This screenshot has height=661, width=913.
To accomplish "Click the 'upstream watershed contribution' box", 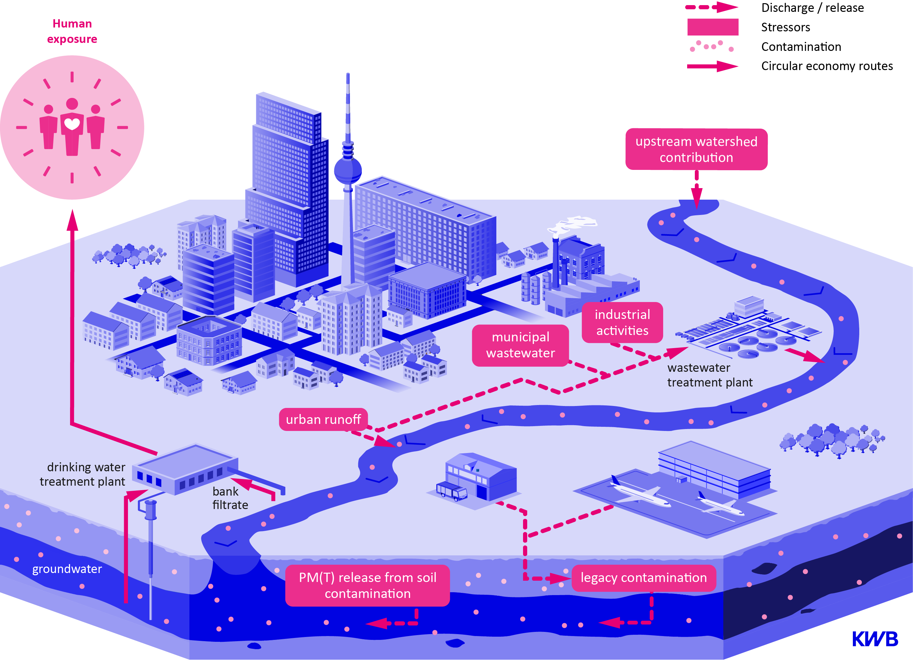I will tap(696, 149).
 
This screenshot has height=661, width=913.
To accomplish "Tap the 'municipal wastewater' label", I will tap(520, 345).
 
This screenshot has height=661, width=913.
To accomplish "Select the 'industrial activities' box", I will tap(622, 323).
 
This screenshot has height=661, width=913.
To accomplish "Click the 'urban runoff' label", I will tap(323, 419).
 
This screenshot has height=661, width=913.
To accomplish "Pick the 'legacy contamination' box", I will tap(643, 578).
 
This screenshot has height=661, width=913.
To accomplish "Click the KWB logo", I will tap(875, 639).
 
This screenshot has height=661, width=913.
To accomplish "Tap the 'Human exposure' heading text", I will tap(72, 31).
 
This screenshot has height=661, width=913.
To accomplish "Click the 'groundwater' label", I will tap(67, 569).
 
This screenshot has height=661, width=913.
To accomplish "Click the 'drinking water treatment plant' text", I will tap(83, 474).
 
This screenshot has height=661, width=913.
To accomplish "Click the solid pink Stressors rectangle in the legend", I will tap(712, 27).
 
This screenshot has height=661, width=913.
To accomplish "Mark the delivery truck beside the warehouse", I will tap(452, 491).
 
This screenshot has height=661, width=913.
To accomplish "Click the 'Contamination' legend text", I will tap(801, 47).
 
